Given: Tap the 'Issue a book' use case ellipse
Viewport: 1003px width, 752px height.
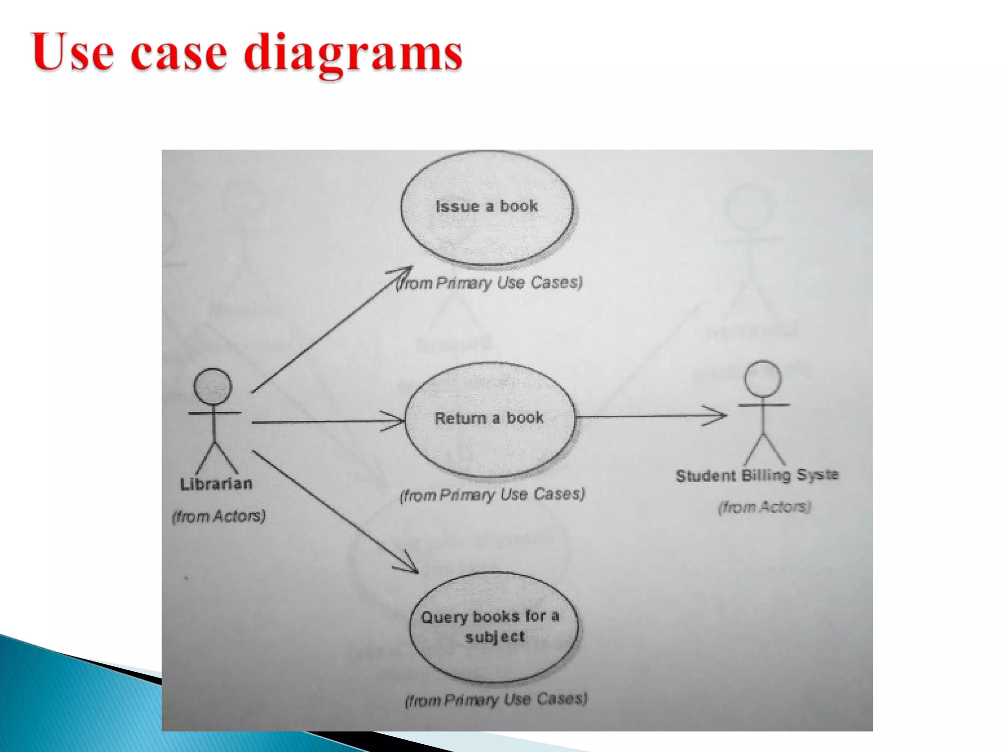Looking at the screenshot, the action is coord(487,208).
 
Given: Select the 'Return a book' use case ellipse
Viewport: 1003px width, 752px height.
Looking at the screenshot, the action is coord(489,420).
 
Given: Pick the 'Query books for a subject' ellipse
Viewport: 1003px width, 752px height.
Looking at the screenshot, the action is coord(494,627).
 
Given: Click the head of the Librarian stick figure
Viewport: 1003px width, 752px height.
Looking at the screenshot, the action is coord(213,386).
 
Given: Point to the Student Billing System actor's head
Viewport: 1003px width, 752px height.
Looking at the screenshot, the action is coord(763,378).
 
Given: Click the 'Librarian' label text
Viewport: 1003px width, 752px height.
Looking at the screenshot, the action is coord(216,484).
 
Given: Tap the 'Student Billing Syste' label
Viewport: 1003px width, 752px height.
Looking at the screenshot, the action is coord(757,475).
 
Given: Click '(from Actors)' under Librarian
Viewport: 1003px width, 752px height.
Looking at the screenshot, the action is coord(219,516).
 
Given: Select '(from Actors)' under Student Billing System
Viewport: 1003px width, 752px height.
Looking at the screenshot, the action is coord(764,507).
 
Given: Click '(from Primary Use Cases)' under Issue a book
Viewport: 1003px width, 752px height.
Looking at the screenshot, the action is coord(490,283).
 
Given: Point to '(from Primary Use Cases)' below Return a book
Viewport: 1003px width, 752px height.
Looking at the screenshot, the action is coord(492,494).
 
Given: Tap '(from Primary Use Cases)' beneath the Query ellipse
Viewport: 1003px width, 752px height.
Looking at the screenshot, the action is coord(496,700).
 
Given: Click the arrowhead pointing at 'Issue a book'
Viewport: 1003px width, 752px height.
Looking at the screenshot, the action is coord(404,272).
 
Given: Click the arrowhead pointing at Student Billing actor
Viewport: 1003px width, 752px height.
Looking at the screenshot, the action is coord(717,416).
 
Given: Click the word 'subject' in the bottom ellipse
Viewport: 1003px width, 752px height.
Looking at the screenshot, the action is coord(495,637).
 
